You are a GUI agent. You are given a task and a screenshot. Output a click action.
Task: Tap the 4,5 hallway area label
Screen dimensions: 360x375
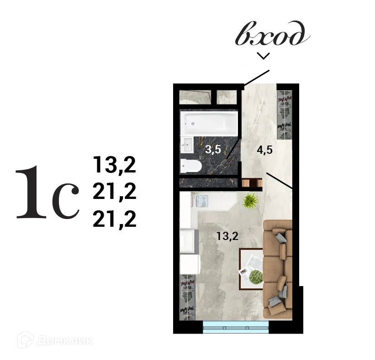click(264, 150)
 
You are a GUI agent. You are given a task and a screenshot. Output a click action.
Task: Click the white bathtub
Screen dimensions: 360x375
click(210, 123)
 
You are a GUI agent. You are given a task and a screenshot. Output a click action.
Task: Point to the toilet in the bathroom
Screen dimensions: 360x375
click(190, 166)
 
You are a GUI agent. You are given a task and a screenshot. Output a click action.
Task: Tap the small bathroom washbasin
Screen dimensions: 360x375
click(187, 146)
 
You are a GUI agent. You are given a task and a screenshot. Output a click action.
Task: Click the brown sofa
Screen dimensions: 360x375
click(278, 267)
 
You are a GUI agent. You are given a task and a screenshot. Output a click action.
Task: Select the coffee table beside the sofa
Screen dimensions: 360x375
click(251, 269)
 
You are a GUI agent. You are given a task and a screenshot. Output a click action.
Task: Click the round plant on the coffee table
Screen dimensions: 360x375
click(256, 276)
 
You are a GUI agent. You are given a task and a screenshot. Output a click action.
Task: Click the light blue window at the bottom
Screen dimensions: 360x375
click(236, 327)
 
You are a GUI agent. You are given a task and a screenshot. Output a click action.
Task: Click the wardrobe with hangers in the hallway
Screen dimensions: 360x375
click(285, 115)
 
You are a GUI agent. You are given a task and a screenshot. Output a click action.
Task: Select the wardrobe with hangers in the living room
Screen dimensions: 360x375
click(188, 297)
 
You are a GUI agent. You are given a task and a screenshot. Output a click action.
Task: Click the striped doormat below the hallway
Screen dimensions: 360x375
click(252, 183)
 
